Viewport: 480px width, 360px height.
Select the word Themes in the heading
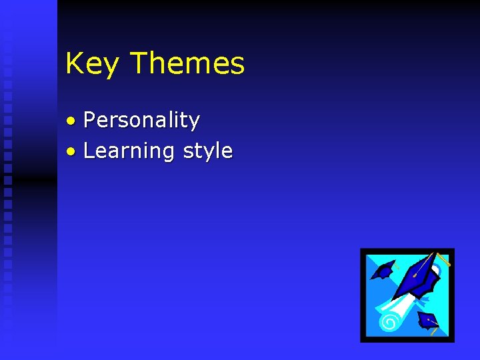point(187,63)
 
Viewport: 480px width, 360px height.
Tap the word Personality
point(141,121)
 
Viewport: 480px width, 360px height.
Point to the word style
point(207,151)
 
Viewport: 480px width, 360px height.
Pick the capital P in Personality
point(90,120)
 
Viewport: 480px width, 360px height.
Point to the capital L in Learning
point(89,151)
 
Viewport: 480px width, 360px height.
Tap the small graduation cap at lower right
point(427,320)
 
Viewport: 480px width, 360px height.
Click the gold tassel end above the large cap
point(445,261)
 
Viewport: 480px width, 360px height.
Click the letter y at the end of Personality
point(194,123)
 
